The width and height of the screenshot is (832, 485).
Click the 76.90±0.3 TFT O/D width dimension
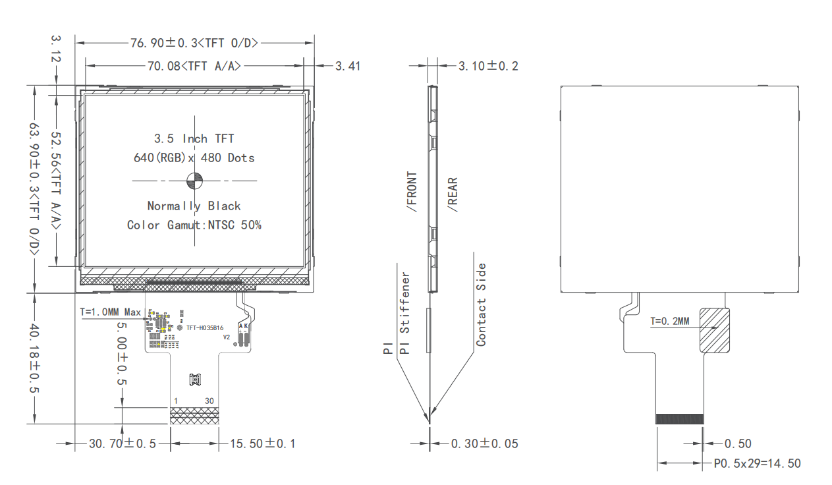click(194, 43)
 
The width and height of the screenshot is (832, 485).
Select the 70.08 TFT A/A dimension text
click(194, 66)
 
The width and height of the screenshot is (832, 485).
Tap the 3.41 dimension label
click(347, 66)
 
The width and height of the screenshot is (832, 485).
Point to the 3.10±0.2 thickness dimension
click(488, 66)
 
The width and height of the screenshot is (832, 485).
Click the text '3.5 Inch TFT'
click(194, 138)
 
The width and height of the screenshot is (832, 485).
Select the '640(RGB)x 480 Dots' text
click(194, 158)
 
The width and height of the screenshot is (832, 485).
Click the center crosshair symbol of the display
click(195, 179)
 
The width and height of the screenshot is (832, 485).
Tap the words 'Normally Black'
click(194, 206)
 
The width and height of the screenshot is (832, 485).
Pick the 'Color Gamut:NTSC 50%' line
click(194, 225)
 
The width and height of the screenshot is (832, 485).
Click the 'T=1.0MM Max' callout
click(110, 312)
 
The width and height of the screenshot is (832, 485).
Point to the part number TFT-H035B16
click(205, 328)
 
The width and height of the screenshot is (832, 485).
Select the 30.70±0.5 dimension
click(123, 443)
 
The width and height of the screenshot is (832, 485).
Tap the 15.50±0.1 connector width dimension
click(262, 443)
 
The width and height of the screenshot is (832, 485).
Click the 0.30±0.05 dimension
click(484, 443)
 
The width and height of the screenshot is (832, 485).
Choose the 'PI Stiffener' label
click(406, 313)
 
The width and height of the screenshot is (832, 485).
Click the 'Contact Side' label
click(482, 304)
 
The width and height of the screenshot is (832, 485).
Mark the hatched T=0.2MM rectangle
click(714, 331)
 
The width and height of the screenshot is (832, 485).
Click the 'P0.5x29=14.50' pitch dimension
click(758, 464)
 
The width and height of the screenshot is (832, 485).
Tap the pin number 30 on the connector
click(209, 401)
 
